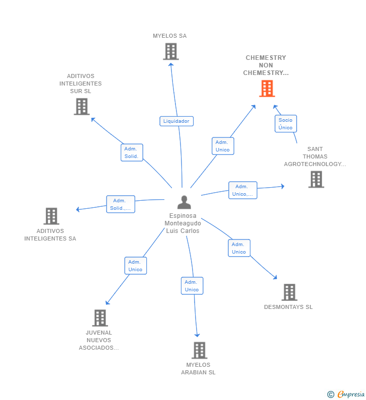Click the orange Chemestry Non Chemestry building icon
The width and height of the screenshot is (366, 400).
tap(267, 89)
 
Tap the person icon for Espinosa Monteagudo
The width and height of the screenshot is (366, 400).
tap(185, 202)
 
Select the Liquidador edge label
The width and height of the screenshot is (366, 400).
tap(176, 121)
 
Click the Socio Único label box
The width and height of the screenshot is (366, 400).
tap(286, 124)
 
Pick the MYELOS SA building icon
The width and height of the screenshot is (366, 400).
tap(171, 51)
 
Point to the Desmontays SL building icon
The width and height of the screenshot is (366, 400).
tap(289, 292)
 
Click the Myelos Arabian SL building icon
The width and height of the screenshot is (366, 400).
tap(200, 350)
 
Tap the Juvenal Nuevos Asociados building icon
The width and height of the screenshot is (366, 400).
tap(100, 318)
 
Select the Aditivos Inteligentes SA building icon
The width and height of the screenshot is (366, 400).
tap(51, 216)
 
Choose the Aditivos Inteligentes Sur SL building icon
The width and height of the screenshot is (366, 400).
tap(81, 107)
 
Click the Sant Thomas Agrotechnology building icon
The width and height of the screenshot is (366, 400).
tap(316, 180)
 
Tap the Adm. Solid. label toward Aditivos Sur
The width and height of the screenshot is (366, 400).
tap(132, 152)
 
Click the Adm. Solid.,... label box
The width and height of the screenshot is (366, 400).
tap(121, 204)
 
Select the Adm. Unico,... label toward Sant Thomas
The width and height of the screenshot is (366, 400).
tap(243, 190)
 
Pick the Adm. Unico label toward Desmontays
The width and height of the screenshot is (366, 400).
tap(239, 248)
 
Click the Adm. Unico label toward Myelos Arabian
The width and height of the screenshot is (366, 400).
tap(192, 286)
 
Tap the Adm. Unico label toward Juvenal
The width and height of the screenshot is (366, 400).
tap(136, 266)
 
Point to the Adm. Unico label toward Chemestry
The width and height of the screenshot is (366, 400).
tap(223, 146)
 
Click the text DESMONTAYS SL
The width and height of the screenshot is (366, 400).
tap(288, 307)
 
